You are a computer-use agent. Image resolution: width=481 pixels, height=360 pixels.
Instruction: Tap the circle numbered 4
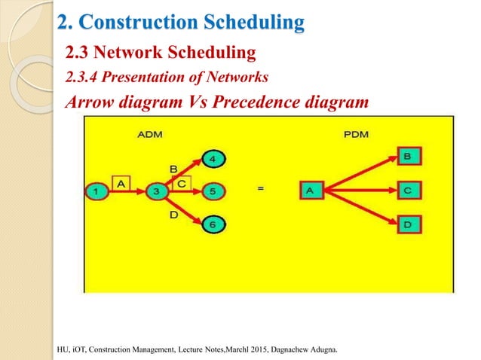pos(213,160)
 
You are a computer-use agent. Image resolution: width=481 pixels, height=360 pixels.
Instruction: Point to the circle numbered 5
pos(213,191)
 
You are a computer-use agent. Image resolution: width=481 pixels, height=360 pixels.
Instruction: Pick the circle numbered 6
pos(213,224)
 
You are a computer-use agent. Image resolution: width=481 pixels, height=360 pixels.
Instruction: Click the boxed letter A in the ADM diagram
pos(122,182)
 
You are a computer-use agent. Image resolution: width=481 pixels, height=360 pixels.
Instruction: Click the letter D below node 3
pos(173,216)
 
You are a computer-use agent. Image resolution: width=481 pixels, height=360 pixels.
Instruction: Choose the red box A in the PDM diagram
pos(310,191)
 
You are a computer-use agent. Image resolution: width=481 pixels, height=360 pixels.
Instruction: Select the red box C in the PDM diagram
pos(408,191)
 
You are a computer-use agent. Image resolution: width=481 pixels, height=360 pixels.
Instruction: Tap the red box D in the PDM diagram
pos(408,225)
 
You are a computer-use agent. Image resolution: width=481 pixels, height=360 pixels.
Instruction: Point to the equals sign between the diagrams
pos(261,190)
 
